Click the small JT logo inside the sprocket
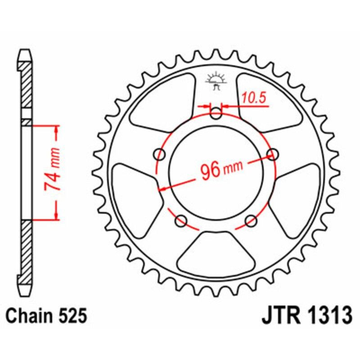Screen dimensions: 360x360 point(216,81)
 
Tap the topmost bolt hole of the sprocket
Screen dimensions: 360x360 point(216,114)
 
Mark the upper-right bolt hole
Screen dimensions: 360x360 point(272,155)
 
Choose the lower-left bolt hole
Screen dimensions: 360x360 point(181,220)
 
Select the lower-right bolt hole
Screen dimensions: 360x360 point(251,220)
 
